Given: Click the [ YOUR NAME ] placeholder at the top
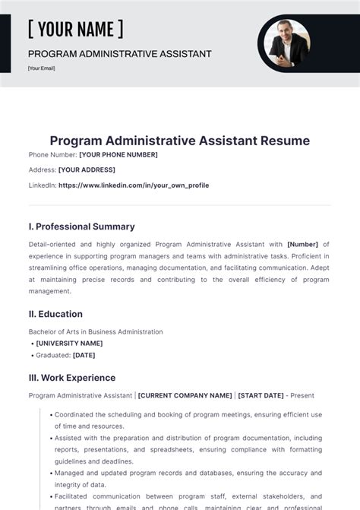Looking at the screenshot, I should click(75, 30).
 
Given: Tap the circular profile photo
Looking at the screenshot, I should click(288, 43).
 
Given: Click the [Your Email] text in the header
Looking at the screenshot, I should click(42, 68).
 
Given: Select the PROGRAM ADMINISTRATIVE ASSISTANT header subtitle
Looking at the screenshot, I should click(119, 54).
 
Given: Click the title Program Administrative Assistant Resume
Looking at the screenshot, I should click(179, 141).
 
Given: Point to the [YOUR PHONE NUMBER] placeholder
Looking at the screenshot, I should click(118, 155).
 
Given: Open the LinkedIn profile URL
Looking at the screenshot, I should click(133, 185).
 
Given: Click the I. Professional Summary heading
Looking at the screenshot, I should click(81, 226).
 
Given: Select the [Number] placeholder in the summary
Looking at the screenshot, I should click(302, 245).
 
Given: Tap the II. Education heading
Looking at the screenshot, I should click(55, 314).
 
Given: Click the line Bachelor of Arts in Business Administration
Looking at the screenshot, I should click(96, 331).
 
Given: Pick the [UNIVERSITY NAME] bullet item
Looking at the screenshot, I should click(69, 344).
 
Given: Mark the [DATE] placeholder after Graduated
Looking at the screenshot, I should click(84, 355).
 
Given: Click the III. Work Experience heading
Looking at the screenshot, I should click(72, 378).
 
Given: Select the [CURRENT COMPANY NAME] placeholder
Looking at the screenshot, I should click(185, 396).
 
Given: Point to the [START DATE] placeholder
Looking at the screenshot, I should click(261, 396).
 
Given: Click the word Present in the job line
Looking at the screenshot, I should click(302, 396).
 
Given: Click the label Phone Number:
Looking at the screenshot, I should click(52, 155).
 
